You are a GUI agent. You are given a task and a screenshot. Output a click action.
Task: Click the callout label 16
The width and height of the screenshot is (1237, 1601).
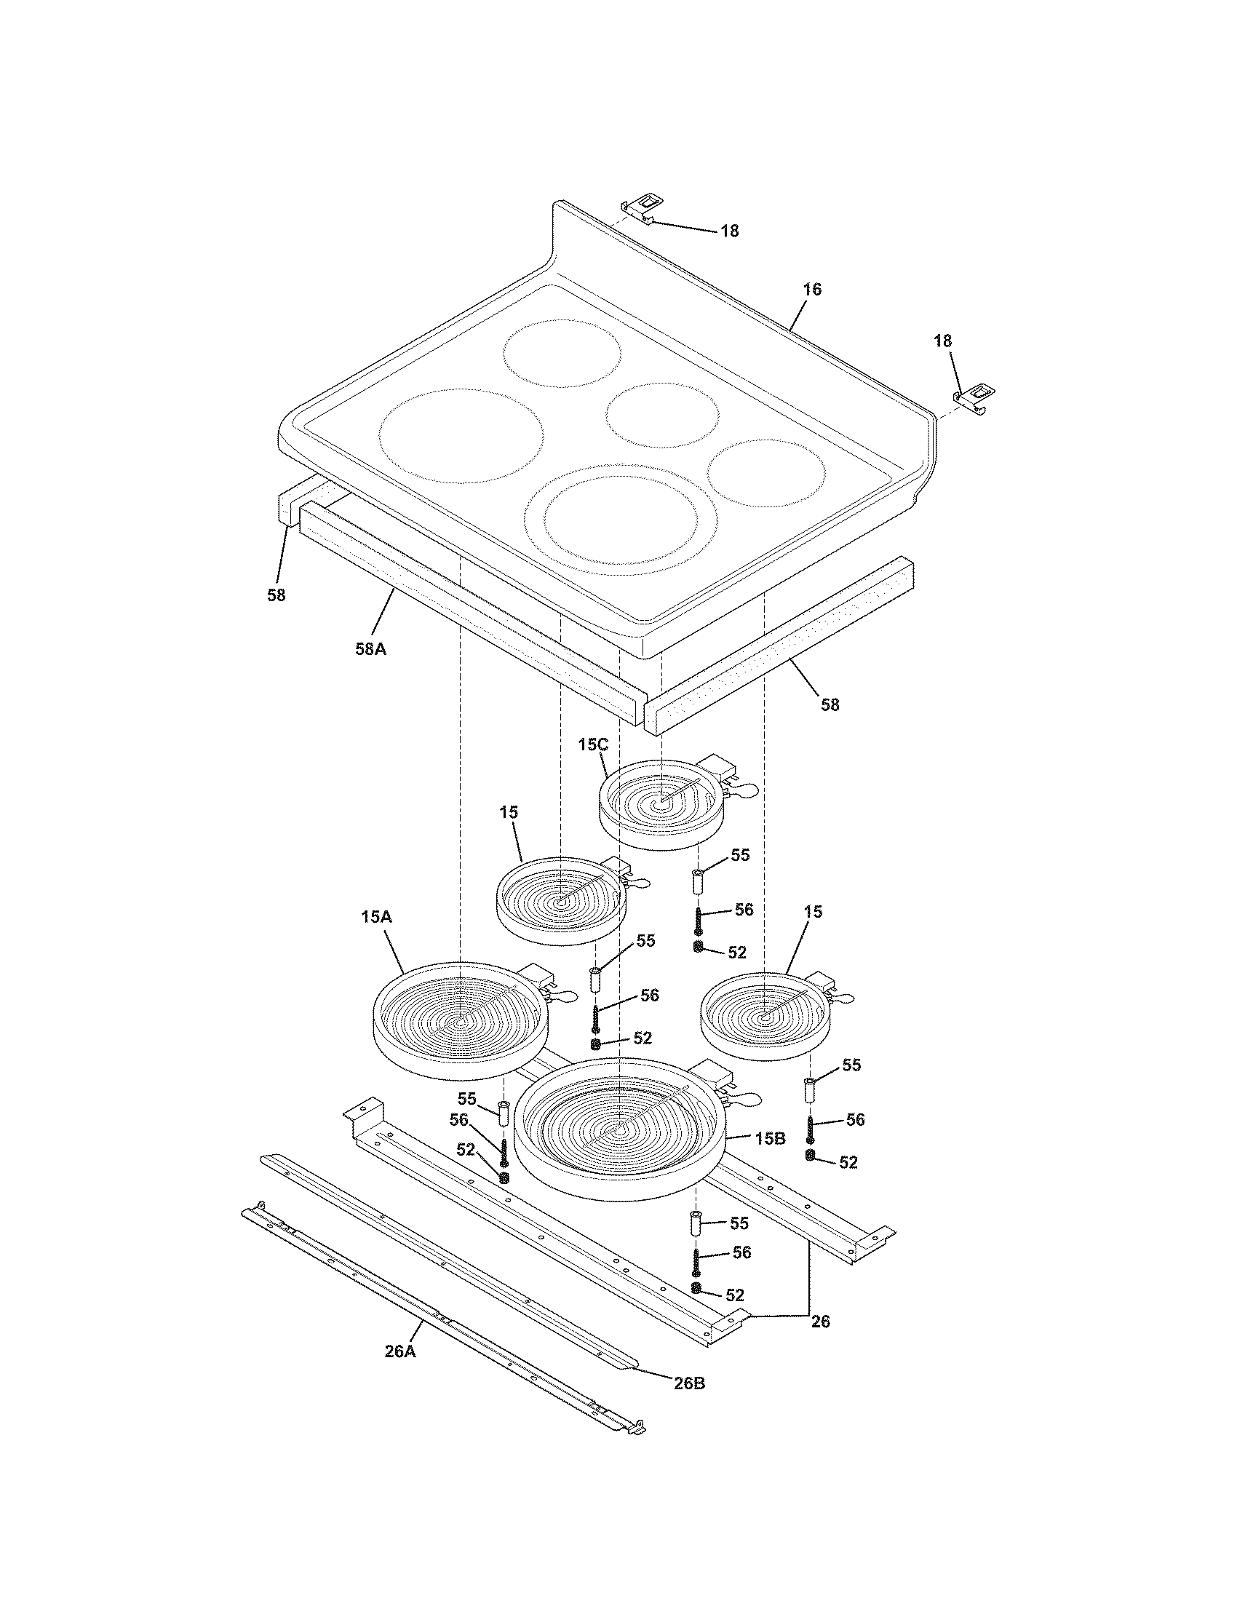811,290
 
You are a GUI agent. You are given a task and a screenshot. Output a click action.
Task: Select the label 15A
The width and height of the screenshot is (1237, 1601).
376,917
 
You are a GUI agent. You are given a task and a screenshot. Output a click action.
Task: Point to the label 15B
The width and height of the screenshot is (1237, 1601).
769,1138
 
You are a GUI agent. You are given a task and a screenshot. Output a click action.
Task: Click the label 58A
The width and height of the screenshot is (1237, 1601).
371,648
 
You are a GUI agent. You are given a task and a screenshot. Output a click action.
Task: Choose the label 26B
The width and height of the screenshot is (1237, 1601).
690,1383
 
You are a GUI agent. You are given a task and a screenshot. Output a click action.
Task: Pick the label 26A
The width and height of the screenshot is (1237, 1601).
400,1352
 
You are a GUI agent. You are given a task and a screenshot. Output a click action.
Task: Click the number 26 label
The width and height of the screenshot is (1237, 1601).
821,1322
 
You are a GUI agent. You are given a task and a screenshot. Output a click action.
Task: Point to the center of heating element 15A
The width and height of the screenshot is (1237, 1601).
459,1021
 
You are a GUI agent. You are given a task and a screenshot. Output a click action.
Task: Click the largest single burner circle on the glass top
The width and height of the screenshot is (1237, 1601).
461,435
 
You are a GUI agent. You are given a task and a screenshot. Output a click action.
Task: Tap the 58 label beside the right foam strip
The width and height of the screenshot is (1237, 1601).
830,705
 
